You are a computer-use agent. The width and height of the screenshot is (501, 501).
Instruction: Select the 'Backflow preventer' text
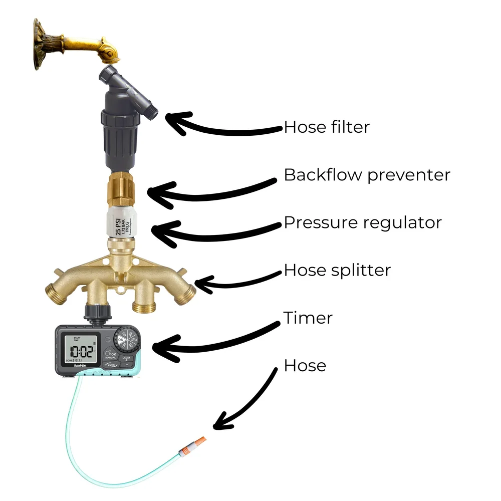(367, 175)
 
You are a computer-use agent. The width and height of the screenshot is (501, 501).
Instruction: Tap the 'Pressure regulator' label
(363, 222)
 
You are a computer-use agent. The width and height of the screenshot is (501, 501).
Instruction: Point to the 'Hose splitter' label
(337, 271)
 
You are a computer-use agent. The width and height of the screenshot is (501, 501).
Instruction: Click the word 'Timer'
(308, 318)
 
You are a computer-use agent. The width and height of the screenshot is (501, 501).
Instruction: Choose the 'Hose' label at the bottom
(305, 366)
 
